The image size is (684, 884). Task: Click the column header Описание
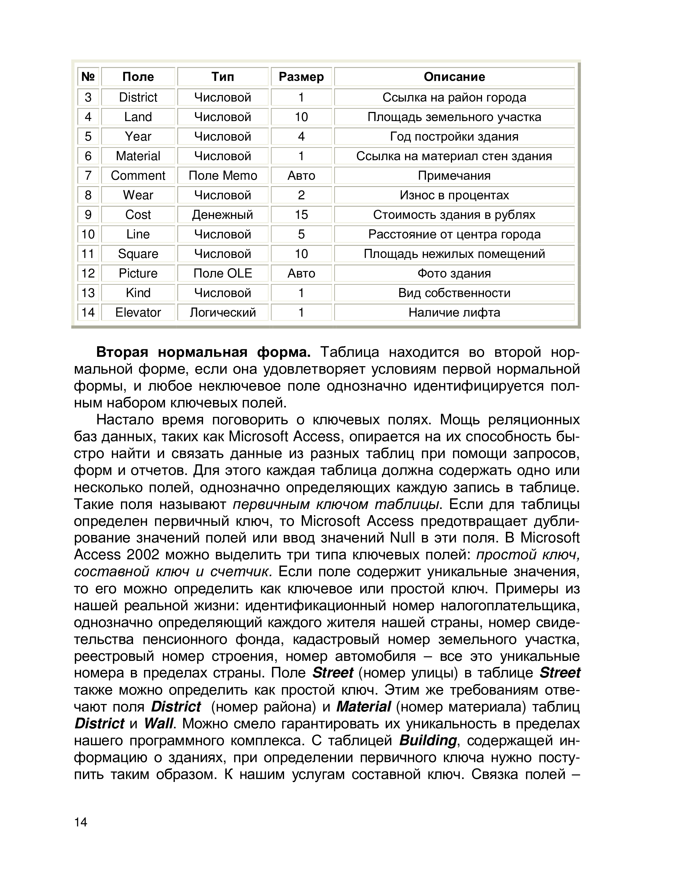pos(454,77)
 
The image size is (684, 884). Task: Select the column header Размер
pos(301,77)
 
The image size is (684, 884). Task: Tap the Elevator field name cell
pos(138,312)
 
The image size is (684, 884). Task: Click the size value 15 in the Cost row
pos(301,215)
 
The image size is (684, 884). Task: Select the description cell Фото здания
pos(454,273)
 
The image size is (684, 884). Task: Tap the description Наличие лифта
pos(454,312)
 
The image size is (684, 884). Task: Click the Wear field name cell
pos(138,195)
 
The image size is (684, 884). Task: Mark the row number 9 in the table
pos(88,215)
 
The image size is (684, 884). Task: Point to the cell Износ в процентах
pos(454,195)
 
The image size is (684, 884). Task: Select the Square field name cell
pos(138,254)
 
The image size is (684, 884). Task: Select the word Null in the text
pos(402,538)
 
